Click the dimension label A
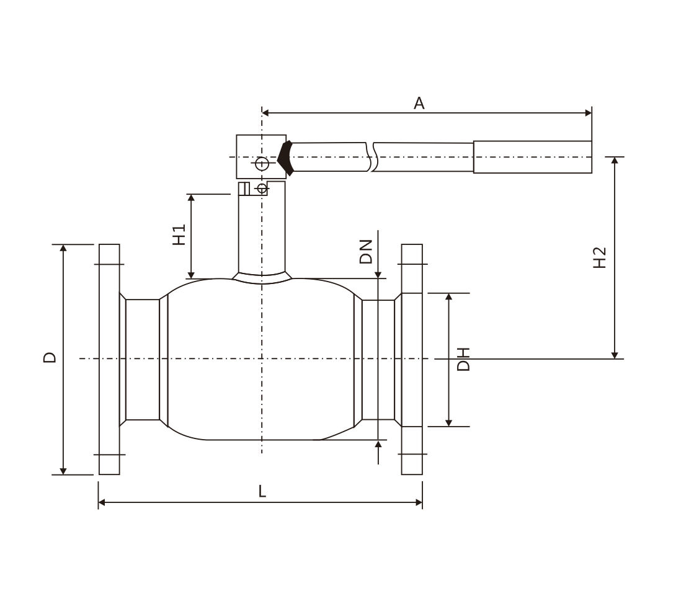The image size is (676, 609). click(419, 104)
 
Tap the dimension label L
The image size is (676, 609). click(262, 491)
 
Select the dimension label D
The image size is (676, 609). click(50, 357)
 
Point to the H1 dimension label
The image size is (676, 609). click(179, 234)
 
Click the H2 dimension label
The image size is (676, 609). click(600, 258)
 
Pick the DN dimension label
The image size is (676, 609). click(365, 252)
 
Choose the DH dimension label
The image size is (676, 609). click(463, 360)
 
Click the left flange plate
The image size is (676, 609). click(109, 360)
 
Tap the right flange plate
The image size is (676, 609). click(412, 360)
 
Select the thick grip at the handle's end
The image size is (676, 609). click(533, 157)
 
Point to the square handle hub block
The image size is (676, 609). click(261, 156)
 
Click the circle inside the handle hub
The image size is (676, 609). click(262, 164)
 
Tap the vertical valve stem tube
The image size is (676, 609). click(262, 228)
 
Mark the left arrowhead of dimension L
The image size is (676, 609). click(102, 502)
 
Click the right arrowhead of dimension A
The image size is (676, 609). click(588, 113)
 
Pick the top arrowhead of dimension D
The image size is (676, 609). click(63, 248)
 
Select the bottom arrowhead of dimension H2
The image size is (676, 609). click(615, 355)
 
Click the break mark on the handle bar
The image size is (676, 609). click(371, 157)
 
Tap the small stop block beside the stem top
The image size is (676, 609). click(244, 189)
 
